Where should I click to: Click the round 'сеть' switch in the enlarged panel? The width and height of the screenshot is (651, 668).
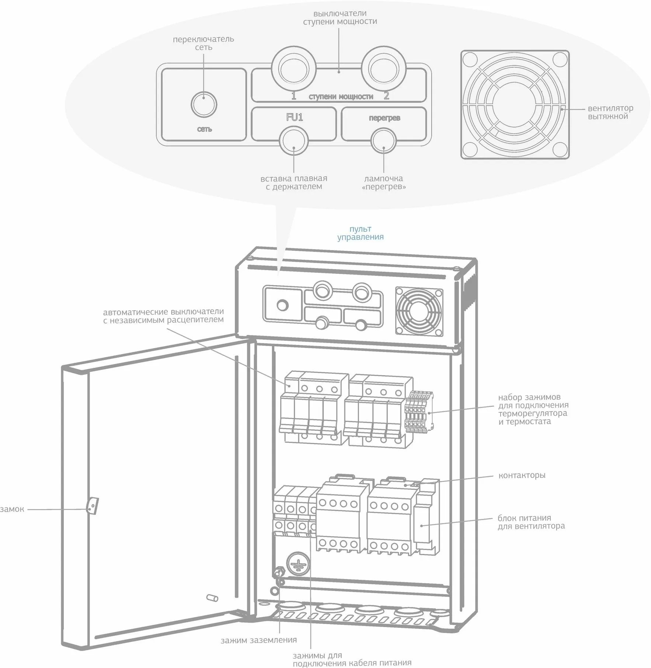tap(204, 104)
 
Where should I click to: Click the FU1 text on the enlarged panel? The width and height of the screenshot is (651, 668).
tap(295, 117)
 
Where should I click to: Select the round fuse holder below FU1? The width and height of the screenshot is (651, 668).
tap(293, 141)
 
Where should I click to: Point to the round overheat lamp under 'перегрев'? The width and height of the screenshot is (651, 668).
tap(383, 141)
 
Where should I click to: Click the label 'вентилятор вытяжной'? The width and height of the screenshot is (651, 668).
tap(610, 113)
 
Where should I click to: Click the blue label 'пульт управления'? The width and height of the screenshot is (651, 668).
tap(360, 233)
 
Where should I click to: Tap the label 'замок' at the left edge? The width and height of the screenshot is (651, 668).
tap(12, 509)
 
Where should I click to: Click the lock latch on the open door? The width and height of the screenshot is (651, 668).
tap(92, 506)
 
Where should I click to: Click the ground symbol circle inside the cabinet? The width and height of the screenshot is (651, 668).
tap(298, 563)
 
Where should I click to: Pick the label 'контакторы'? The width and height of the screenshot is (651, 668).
tap(522, 475)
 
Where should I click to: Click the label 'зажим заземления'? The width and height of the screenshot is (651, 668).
tap(258, 640)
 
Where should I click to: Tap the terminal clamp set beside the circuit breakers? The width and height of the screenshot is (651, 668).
tap(419, 411)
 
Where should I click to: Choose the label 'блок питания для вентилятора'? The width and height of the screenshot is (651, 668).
tap(531, 522)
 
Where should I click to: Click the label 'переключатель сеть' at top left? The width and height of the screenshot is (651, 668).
tap(203, 43)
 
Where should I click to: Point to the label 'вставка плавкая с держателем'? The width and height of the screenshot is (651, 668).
tap(294, 183)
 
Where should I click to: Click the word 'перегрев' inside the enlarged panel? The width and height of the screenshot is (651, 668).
tap(384, 118)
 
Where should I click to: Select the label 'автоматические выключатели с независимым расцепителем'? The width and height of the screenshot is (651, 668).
tap(163, 316)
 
